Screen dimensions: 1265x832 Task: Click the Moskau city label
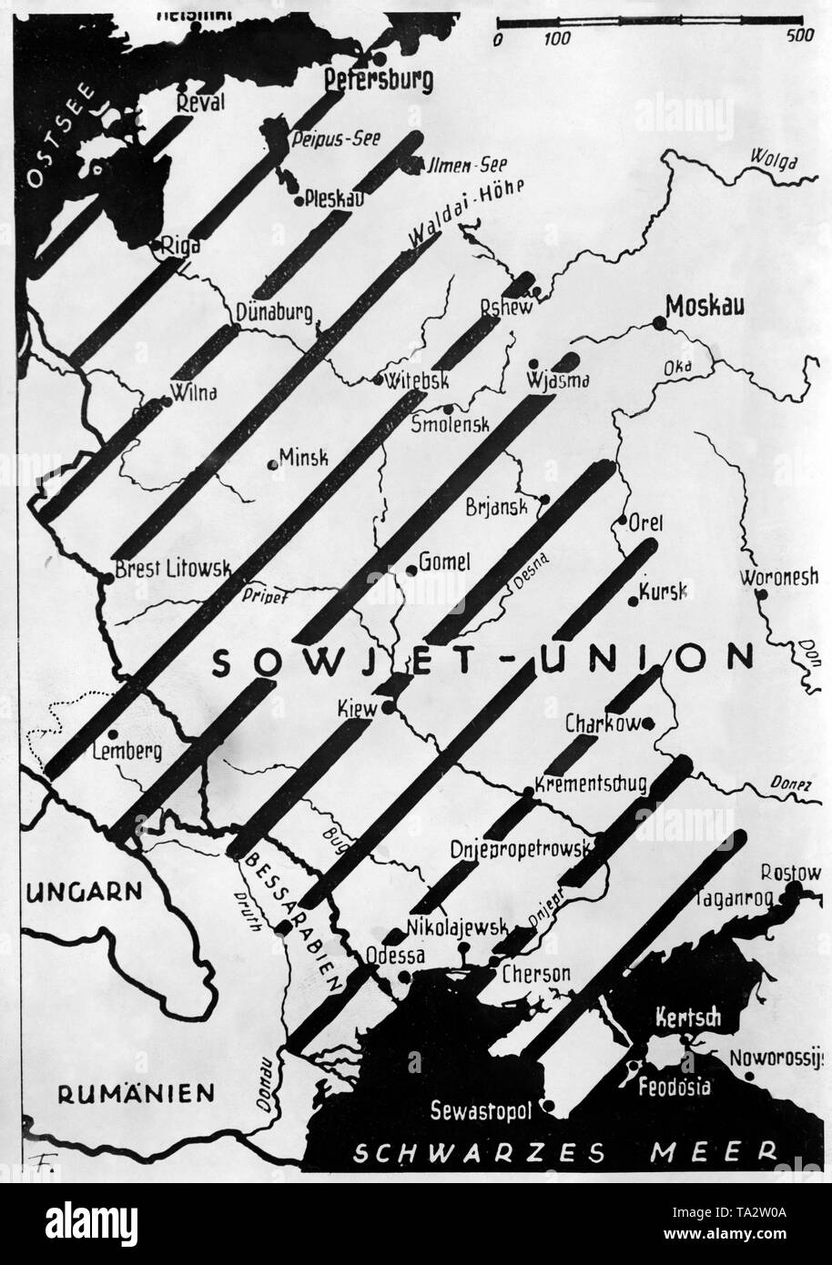705,307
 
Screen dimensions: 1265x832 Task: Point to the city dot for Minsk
272,465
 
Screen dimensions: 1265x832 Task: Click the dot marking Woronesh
763,594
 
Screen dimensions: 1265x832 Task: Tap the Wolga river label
774,162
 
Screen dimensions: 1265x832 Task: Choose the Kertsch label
687,1018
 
